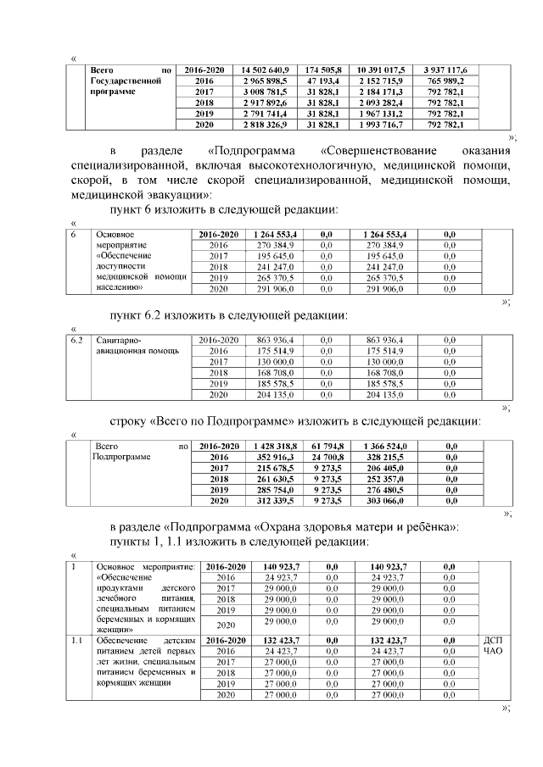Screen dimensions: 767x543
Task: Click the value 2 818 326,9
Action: point(265,124)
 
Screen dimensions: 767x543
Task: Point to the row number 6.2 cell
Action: point(78,340)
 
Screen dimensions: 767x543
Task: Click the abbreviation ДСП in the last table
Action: point(494,640)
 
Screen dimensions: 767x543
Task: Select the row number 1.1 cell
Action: point(77,640)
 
